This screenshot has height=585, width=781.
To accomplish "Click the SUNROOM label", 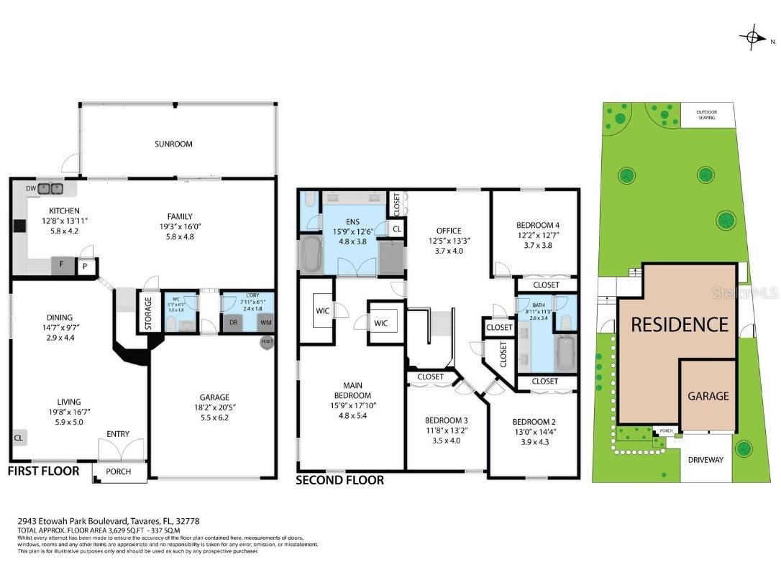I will tap(173, 144).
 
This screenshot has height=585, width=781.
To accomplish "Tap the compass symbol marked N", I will tap(753, 37).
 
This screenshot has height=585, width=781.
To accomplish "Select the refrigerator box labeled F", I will tap(62, 264).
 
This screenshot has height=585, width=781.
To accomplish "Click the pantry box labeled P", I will tap(86, 265).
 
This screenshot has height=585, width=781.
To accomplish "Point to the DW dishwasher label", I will tap(30, 188).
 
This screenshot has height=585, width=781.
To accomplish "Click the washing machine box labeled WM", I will tap(265, 323).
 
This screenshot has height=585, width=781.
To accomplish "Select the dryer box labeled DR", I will tap(232, 323).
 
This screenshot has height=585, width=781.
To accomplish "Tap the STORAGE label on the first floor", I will tap(149, 313).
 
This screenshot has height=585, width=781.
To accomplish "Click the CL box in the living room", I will tap(18, 437).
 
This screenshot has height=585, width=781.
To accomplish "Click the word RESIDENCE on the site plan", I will tap(680, 325).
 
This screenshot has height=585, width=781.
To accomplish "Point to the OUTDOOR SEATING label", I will tap(708, 114).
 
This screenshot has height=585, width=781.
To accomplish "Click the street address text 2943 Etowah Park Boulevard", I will tap(73, 521).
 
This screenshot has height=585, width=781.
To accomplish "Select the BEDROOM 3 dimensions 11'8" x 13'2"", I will tap(445, 431).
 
